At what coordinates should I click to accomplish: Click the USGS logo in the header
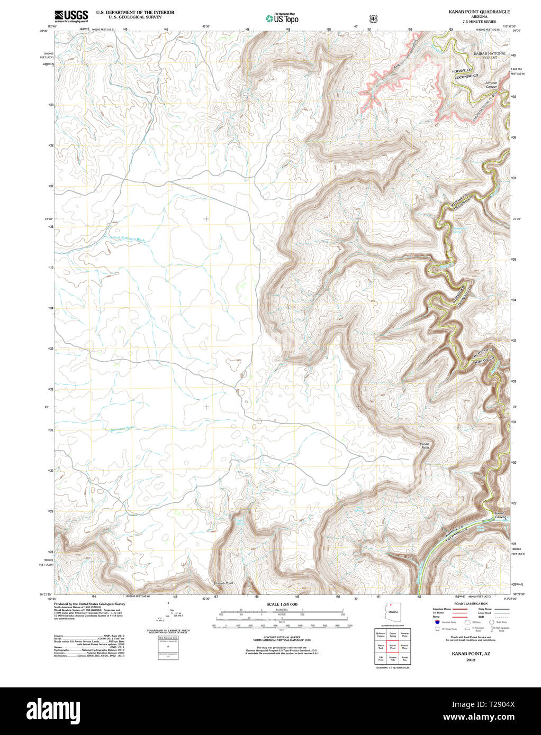click(x=71, y=16)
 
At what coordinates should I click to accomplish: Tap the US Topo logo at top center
click(x=282, y=19)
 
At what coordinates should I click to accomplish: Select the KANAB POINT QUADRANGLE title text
click(x=479, y=11)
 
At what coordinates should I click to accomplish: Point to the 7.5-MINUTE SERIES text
click(x=479, y=22)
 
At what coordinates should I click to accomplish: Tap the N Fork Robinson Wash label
click(x=127, y=238)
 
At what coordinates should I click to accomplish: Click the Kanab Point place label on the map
click(x=424, y=445)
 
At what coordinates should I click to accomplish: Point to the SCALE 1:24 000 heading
click(x=282, y=604)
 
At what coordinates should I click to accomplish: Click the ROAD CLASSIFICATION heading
click(x=467, y=604)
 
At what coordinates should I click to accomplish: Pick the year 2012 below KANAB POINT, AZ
click(x=471, y=660)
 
